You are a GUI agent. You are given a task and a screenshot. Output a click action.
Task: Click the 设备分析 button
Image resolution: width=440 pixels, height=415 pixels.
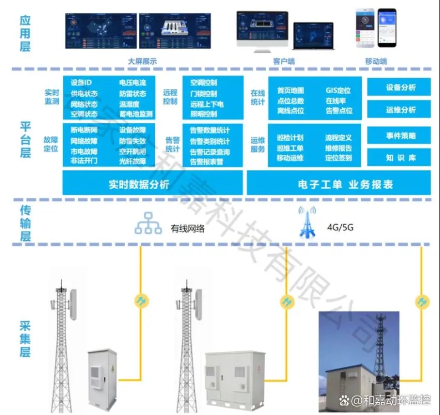[400, 88]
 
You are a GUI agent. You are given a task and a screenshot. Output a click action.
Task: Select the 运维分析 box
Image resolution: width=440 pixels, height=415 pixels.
[400, 110]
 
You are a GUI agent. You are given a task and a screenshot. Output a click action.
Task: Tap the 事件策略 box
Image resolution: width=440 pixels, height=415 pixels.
[400, 136]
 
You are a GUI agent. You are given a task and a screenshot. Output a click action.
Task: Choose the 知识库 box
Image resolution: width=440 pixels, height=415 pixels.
[400, 158]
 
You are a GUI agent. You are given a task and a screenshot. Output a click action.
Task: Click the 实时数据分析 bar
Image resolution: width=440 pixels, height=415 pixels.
[153, 184]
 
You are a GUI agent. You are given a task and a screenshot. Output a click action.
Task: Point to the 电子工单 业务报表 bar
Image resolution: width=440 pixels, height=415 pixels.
[337, 184]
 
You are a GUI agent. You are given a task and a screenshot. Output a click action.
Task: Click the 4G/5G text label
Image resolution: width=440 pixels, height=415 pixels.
[340, 227]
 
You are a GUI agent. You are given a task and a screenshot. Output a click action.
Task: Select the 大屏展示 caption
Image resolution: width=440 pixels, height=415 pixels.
[142, 62]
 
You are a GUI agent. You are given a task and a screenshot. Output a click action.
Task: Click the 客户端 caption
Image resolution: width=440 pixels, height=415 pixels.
[284, 62]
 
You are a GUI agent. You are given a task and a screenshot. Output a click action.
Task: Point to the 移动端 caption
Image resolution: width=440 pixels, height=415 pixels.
[376, 62]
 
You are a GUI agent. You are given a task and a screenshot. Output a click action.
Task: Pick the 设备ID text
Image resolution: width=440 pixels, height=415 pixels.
[82, 83]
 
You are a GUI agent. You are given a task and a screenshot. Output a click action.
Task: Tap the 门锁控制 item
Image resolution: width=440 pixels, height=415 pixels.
[204, 94]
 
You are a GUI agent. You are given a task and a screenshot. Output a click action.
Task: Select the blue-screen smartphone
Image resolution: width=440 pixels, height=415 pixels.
[387, 28]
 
